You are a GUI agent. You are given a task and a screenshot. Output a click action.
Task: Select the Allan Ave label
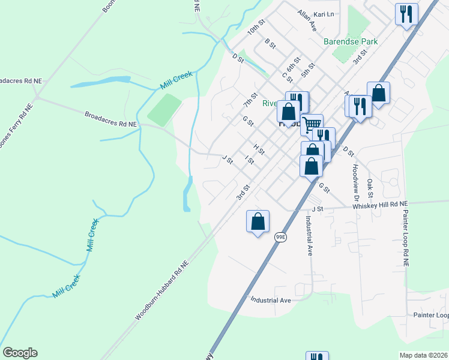tap(307, 21)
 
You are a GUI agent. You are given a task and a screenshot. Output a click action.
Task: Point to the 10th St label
tap(256, 29)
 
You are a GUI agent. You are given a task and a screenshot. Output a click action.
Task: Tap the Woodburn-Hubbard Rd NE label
tap(161, 289)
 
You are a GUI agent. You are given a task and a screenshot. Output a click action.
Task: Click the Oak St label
tap(370, 188)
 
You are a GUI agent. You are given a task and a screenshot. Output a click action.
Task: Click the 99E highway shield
tap(280, 238)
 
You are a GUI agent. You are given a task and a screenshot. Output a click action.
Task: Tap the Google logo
tap(20, 353)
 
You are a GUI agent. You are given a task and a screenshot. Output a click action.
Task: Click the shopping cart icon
tap(312, 125)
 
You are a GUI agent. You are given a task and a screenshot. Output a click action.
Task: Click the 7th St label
tap(250, 100)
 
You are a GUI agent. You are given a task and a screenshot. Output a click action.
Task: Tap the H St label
tap(259, 148)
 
